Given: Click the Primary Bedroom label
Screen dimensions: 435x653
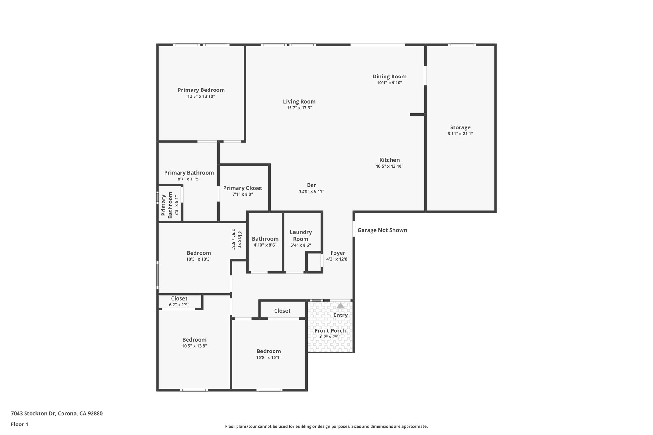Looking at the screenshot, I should click(x=201, y=90).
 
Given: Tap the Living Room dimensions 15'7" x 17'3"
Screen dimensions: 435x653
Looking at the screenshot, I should click(x=299, y=108).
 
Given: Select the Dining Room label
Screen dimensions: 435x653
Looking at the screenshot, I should click(x=389, y=76).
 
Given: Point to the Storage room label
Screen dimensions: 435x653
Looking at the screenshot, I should click(x=460, y=127).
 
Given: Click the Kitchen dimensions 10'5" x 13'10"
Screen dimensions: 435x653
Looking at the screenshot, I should click(x=389, y=166).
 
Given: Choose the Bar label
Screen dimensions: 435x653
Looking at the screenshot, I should click(x=312, y=185).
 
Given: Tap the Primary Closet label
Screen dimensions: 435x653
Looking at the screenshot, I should click(x=243, y=188).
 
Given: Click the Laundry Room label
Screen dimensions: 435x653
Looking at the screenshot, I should click(x=301, y=236).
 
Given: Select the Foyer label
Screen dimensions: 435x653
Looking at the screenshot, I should click(x=338, y=253).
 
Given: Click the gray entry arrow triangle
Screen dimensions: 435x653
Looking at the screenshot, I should click(x=341, y=306).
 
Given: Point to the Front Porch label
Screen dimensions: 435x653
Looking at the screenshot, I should click(x=330, y=331).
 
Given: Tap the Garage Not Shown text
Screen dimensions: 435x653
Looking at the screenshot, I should click(x=382, y=230).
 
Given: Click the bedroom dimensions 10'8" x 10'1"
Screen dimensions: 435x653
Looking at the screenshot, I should click(x=268, y=358).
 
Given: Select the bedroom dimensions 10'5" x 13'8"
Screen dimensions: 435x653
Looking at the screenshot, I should click(x=194, y=346).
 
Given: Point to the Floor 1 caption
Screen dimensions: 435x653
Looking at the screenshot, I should click(x=19, y=424).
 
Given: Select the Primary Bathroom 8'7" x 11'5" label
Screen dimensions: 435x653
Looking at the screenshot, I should click(x=189, y=173).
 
